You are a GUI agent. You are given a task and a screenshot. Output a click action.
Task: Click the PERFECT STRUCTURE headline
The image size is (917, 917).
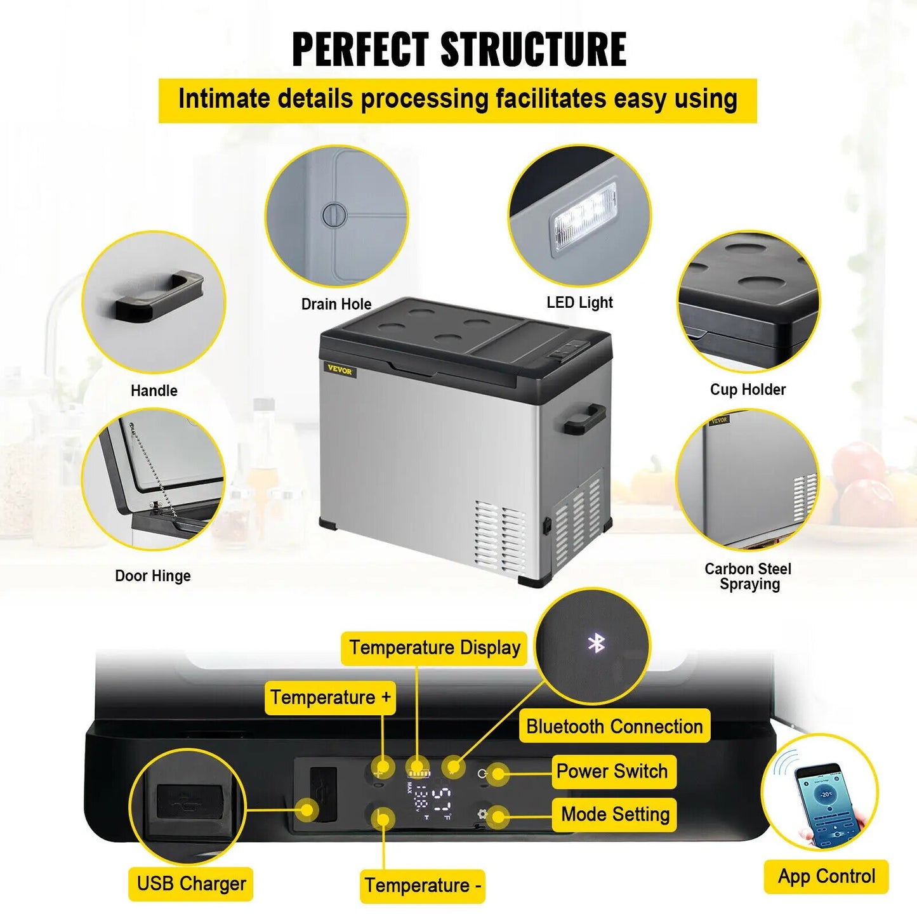pos(459,49)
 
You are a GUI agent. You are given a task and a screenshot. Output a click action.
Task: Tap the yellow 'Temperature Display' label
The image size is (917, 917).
pos(434,648)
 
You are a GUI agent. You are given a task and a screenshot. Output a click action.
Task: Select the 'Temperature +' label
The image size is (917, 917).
pos(330,697)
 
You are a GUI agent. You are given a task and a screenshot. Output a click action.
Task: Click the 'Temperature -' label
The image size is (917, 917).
pos(423,885)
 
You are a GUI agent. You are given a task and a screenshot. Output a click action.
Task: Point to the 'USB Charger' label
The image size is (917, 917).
pos(191,883)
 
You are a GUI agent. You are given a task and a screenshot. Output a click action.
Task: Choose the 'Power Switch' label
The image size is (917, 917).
pos(612,771)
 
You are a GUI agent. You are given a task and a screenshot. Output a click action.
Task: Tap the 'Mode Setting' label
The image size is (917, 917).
pos(614,814)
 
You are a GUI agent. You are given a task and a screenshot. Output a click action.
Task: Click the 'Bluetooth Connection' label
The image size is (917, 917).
pos(614,726)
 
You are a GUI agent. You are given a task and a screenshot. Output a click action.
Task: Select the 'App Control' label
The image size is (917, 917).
pos(826,876)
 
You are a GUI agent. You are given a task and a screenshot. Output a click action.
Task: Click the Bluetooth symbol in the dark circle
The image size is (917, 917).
pos(596,643)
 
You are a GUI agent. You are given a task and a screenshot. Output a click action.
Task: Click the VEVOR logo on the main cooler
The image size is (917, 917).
pos(340,370)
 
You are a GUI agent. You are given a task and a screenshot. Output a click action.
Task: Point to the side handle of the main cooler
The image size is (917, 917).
pos(583,419)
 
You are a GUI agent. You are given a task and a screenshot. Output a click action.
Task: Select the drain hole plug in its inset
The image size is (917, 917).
pos(334,214)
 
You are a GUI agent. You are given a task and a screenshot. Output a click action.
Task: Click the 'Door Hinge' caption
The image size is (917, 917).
pos(152,576)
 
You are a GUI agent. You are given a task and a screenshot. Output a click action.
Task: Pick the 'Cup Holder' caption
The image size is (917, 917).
pos(748,389)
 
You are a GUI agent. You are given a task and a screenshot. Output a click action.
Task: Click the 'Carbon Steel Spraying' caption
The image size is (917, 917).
pos(748,576)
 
